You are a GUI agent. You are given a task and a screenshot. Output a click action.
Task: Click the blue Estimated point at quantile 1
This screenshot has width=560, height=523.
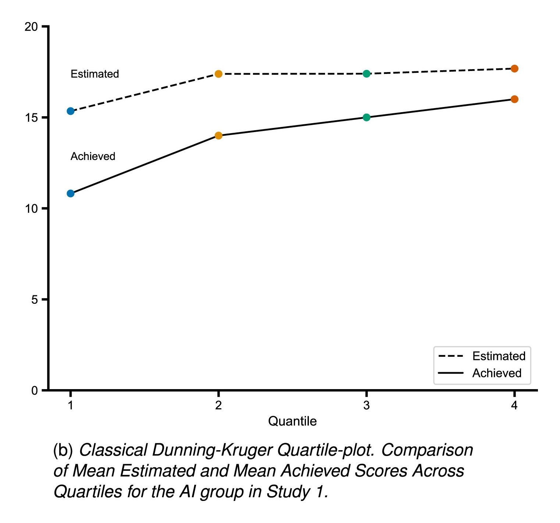click(71, 111)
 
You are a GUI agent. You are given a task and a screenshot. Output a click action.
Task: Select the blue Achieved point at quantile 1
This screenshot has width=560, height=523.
click(71, 193)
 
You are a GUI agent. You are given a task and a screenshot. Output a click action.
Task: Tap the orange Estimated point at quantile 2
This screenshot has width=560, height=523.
click(218, 74)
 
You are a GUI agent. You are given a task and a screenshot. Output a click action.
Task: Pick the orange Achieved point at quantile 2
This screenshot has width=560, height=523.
click(218, 136)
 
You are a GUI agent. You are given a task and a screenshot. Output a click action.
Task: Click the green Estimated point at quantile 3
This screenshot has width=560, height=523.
click(367, 74)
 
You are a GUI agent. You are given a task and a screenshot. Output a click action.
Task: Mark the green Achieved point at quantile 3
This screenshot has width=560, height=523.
click(367, 117)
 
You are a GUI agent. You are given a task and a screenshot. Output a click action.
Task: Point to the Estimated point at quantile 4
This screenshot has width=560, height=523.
click(514, 69)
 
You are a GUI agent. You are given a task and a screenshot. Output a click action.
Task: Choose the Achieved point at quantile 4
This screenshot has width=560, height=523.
click(514, 99)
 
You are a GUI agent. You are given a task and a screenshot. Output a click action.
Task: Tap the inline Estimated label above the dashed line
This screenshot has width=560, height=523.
click(94, 74)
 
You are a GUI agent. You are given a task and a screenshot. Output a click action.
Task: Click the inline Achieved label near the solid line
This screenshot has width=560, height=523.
click(93, 156)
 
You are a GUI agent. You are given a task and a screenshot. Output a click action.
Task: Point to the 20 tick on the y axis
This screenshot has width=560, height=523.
click(31, 27)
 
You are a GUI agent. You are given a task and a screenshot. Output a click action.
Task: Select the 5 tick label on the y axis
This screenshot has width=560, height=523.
click(35, 300)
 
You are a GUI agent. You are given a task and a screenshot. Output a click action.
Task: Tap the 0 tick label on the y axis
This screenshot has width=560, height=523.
click(35, 391)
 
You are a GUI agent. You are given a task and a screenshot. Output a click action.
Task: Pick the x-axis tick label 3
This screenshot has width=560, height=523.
click(367, 405)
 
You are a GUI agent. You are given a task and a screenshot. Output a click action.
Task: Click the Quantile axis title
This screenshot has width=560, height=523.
click(292, 421)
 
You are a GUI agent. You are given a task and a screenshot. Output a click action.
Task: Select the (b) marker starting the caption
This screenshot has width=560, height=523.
click(63, 450)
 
